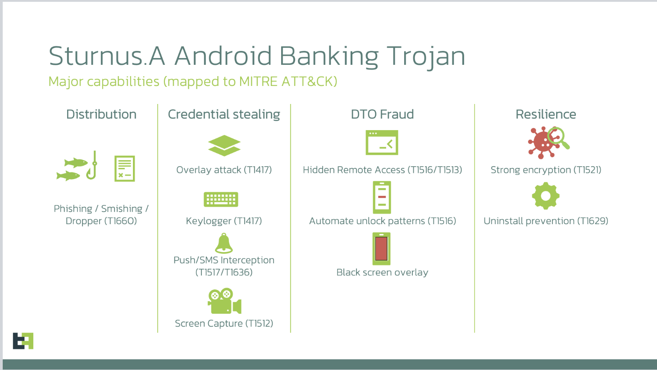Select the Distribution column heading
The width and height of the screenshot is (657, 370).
[101, 114]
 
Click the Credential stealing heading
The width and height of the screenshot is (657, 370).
[224, 114]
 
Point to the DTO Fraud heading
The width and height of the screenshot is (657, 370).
[382, 114]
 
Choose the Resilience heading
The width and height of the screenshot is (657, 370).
[546, 114]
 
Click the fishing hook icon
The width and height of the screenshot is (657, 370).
[92, 165]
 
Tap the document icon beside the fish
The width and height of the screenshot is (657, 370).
[125, 168]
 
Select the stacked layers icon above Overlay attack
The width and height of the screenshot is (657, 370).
[224, 145]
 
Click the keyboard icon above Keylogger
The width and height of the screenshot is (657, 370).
[221, 199]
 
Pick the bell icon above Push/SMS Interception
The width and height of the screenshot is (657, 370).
[224, 243]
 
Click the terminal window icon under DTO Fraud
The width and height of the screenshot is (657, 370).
[382, 142]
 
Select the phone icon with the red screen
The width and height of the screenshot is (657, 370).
[381, 249]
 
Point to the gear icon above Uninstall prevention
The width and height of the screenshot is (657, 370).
[546, 196]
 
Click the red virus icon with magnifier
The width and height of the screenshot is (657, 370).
[548, 143]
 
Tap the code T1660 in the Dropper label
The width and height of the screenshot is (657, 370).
[121, 221]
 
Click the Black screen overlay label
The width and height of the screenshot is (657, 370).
[382, 272]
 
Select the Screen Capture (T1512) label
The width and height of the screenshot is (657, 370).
[224, 324]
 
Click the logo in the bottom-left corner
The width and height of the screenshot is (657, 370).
[23, 341]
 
